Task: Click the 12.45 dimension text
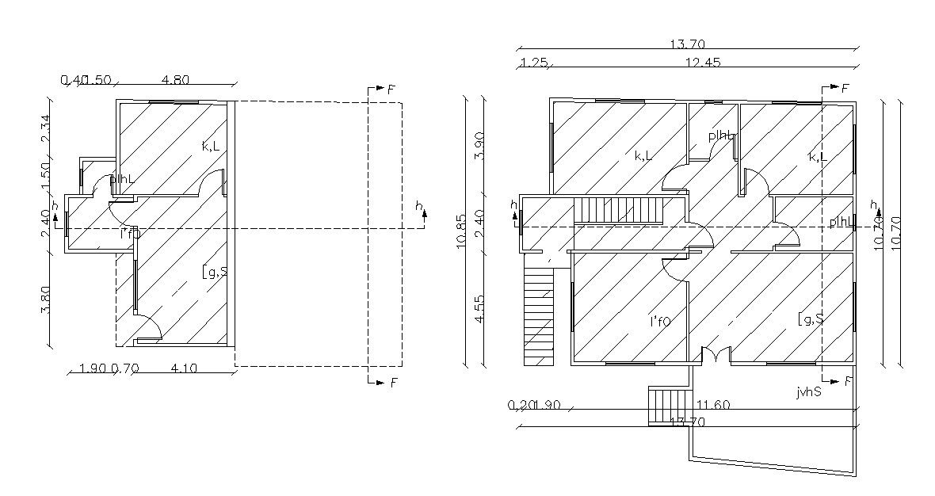click(x=701, y=63)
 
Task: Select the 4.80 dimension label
click(x=174, y=80)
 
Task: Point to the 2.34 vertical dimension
click(x=45, y=129)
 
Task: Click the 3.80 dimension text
click(x=45, y=300)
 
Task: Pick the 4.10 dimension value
click(x=185, y=368)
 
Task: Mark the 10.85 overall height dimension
click(x=463, y=235)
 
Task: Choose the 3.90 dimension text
click(x=479, y=146)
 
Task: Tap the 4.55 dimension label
click(x=479, y=308)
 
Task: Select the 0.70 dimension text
click(x=124, y=368)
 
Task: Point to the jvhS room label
click(x=809, y=391)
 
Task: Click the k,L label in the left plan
click(x=211, y=146)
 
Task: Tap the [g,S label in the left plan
click(x=215, y=273)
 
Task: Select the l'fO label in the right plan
click(x=660, y=321)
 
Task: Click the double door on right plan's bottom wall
click(x=716, y=356)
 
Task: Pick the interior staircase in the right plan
click(x=618, y=212)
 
